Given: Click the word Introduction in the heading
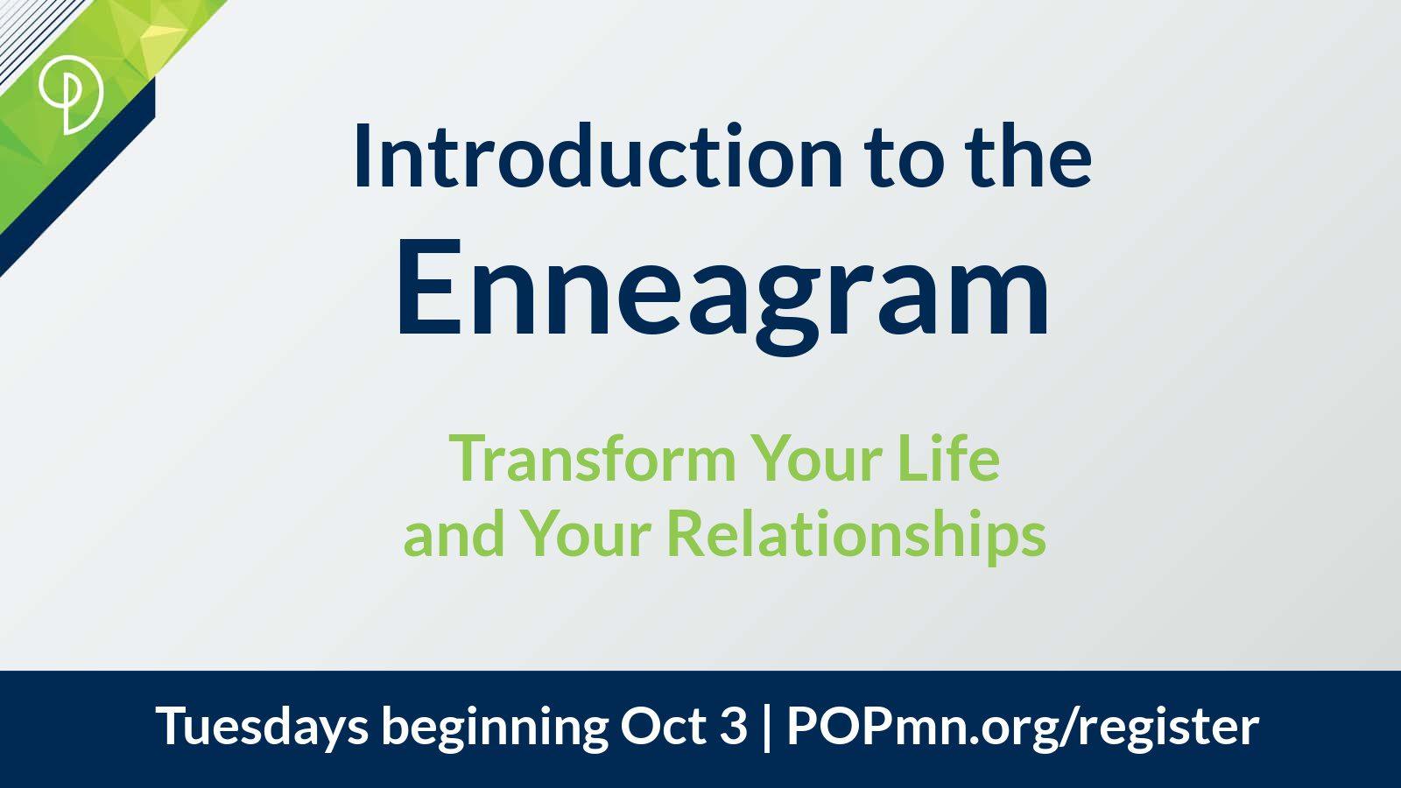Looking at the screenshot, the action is pyautogui.click(x=599, y=156).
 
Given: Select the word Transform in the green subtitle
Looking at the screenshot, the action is pyautogui.click(x=593, y=459).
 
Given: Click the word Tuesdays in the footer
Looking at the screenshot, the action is pyautogui.click(x=262, y=726).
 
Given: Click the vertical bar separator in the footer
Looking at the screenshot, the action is pyautogui.click(x=767, y=728).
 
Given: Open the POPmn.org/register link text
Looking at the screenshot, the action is pyautogui.click(x=1023, y=728).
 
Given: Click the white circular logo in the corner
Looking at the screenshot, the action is pyautogui.click(x=70, y=94).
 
